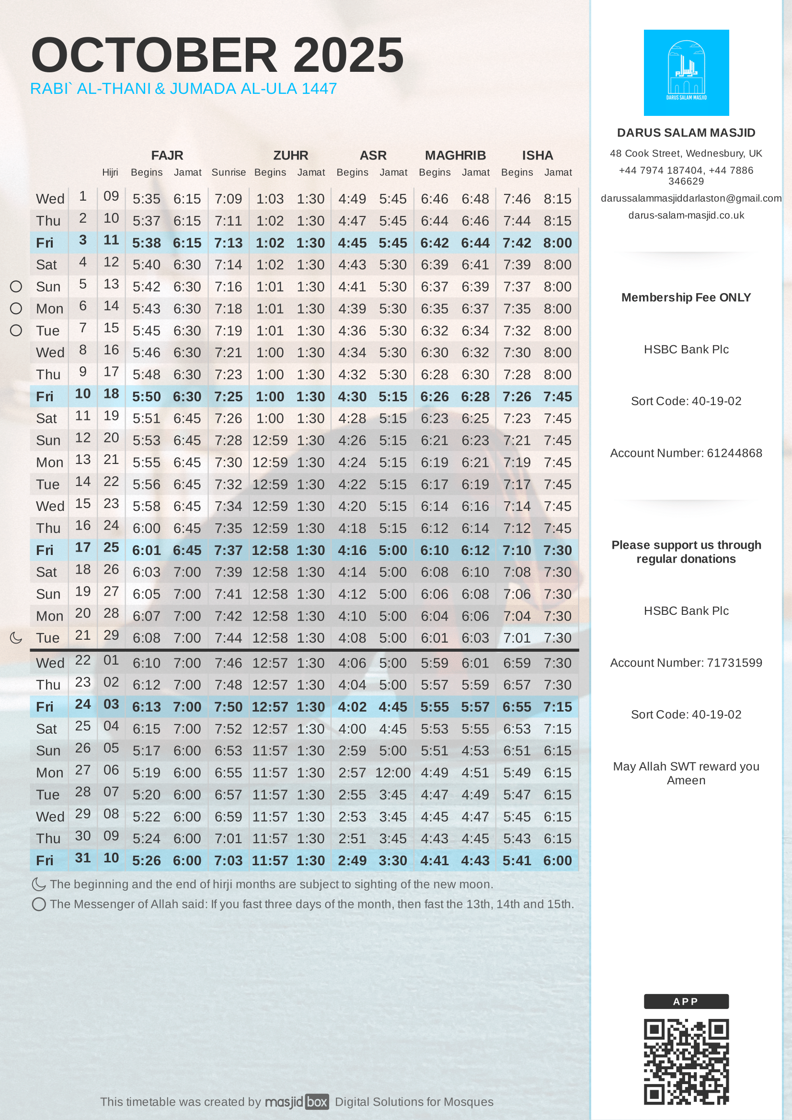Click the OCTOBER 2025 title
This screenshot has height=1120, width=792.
click(x=217, y=55)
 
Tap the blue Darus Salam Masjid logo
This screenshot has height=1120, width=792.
click(x=686, y=73)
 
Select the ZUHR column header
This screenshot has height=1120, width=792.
click(x=290, y=156)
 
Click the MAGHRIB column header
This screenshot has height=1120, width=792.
click(x=455, y=156)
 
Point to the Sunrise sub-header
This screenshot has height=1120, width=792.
click(x=229, y=173)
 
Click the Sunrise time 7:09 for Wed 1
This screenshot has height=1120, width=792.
click(x=229, y=199)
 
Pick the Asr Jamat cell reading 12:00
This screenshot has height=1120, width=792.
click(x=393, y=773)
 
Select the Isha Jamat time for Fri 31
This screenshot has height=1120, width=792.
click(x=557, y=860)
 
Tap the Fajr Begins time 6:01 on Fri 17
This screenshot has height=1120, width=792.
click(x=147, y=550)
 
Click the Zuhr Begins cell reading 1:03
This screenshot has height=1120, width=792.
click(x=270, y=199)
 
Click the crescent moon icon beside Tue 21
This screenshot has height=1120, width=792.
click(x=16, y=637)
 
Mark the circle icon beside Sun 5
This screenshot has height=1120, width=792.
click(x=16, y=287)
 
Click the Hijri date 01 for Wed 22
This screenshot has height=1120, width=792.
click(x=111, y=660)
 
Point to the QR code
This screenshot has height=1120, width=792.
click(x=686, y=1062)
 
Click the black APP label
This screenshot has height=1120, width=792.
click(x=686, y=1001)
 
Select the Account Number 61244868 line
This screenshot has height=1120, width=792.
click(x=686, y=453)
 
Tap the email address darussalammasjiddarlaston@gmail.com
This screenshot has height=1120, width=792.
click(x=690, y=199)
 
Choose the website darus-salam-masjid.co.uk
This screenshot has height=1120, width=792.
click(x=686, y=215)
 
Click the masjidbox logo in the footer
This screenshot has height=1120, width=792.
click(x=297, y=1102)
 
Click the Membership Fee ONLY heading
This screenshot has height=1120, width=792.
click(x=686, y=297)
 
